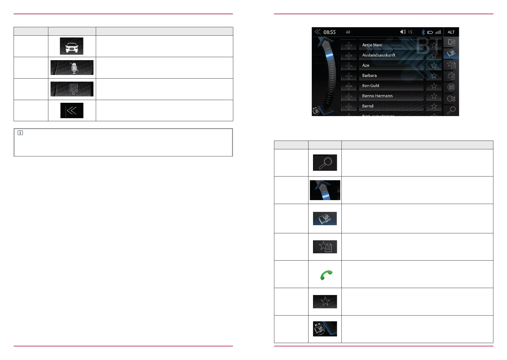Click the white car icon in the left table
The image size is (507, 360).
tap(72, 47)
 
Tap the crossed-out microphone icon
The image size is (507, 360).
tap(74, 68)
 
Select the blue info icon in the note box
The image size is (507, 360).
tap(20, 133)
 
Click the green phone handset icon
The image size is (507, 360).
tap(326, 275)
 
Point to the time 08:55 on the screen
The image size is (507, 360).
tap(329, 32)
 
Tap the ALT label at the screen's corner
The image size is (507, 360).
tap(451, 32)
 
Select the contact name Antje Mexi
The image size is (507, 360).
tap(372, 45)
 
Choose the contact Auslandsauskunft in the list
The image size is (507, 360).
tap(379, 55)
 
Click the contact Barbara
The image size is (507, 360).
tap(369, 76)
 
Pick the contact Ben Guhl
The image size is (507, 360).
tap(370, 86)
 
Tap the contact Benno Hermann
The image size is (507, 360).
tap(377, 96)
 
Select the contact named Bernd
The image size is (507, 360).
tap(368, 106)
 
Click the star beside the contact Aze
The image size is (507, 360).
tap(434, 65)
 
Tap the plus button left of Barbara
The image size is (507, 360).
tap(349, 76)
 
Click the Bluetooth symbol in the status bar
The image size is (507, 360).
tap(423, 32)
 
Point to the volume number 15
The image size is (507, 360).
tap(410, 32)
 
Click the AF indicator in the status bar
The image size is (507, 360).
tap(348, 32)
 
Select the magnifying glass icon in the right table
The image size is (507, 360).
tap(325, 163)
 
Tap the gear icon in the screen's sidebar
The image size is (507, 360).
tap(451, 99)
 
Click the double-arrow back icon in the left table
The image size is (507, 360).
tap(72, 111)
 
